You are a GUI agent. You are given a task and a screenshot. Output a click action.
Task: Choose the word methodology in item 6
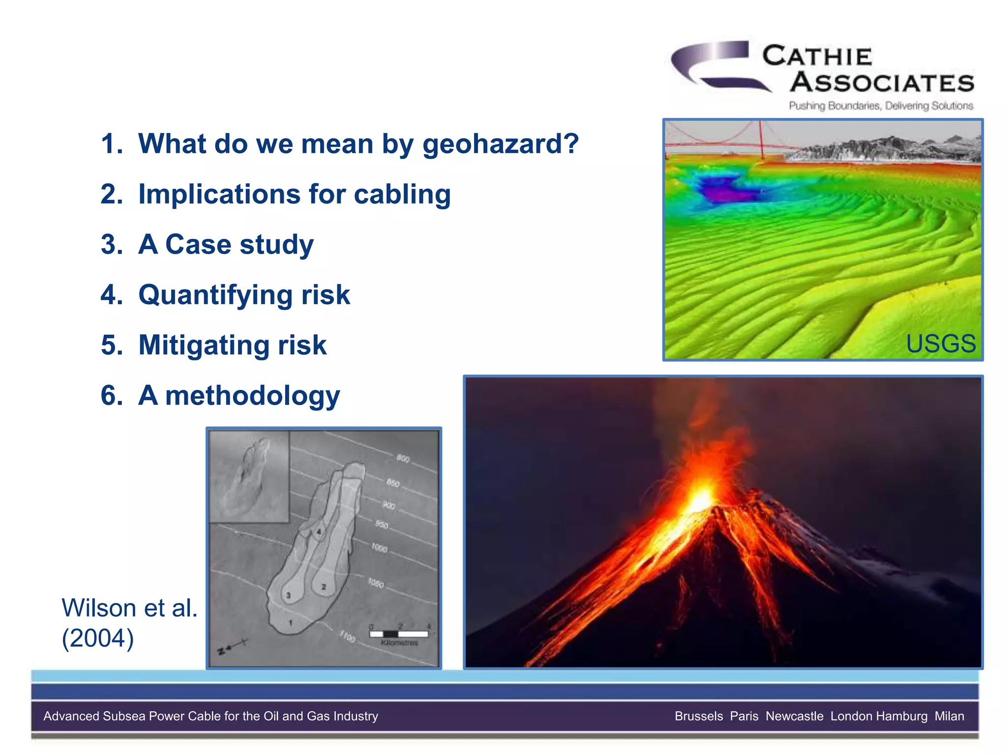tap(252, 396)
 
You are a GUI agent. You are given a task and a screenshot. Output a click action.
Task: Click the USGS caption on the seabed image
tap(940, 343)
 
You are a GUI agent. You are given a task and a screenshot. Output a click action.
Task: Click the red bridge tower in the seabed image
tap(761, 140)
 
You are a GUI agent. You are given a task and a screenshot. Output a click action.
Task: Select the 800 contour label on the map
tap(403, 458)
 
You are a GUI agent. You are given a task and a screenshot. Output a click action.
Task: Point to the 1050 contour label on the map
tap(376, 583)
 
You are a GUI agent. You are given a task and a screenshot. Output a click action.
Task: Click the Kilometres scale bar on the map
tap(398, 634)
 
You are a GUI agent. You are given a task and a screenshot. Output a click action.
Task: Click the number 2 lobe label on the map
tap(324, 586)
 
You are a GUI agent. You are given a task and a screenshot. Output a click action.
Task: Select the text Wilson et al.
tap(129, 608)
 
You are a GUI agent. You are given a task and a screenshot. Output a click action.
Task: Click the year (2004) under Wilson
tap(97, 639)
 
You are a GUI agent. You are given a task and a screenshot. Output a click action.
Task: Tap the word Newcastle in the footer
tap(794, 716)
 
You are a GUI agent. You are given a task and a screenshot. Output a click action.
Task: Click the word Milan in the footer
tap(949, 716)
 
